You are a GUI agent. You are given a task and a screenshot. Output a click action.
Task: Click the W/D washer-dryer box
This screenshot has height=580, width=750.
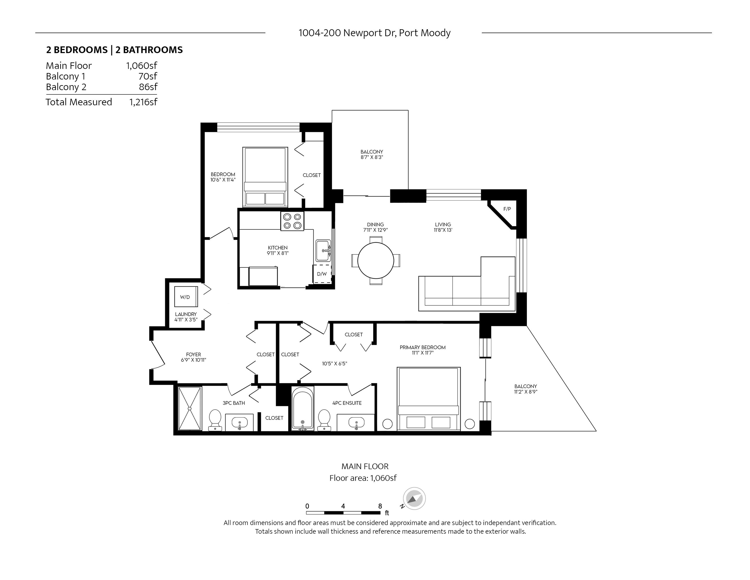(x=186, y=297)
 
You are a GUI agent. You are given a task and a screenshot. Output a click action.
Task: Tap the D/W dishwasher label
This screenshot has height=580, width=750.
(x=322, y=274)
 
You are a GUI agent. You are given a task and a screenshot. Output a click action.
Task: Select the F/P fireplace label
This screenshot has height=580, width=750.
(x=507, y=209)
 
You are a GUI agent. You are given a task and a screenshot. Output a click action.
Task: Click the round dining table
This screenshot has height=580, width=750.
(x=376, y=261)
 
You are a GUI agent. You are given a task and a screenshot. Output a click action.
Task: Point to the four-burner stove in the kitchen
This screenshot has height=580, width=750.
(x=292, y=221)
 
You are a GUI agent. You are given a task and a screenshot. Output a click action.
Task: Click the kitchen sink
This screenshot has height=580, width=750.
(x=323, y=251)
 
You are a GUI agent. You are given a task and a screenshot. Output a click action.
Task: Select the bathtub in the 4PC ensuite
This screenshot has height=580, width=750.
(x=303, y=409)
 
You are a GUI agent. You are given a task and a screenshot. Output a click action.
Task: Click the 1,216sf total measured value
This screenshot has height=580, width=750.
(x=143, y=102)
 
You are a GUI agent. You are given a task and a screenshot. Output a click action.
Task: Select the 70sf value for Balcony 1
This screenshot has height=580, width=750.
(x=148, y=76)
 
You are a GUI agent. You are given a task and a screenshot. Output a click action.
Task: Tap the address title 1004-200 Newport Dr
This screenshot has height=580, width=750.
(x=374, y=33)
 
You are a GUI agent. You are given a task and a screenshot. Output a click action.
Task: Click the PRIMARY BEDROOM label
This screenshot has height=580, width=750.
(x=422, y=347)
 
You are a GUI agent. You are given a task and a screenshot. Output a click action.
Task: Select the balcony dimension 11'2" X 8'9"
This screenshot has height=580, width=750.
(x=525, y=392)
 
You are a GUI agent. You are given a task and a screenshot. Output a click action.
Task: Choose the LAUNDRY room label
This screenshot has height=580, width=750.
(x=186, y=314)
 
